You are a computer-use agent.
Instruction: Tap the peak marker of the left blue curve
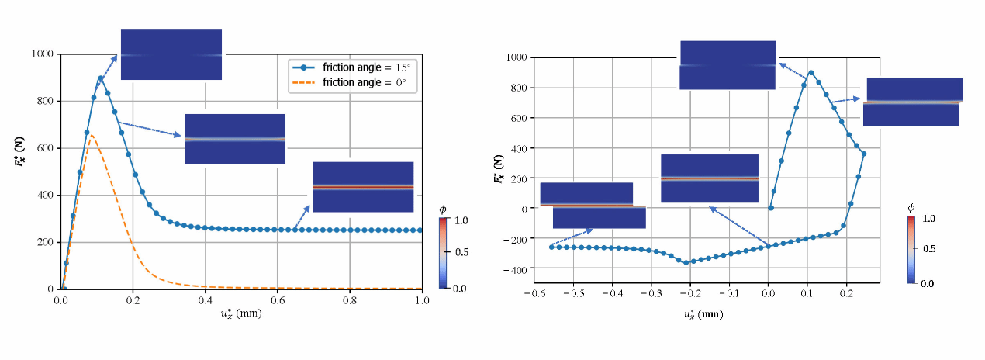[101, 78]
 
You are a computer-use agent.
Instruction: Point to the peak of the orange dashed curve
[92, 135]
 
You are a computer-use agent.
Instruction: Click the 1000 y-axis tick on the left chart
[42, 54]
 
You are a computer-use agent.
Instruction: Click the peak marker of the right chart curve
[810, 73]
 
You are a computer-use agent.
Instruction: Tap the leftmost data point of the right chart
[551, 247]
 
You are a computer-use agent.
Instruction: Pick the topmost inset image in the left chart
[171, 54]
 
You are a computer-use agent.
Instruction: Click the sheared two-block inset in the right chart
[593, 206]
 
